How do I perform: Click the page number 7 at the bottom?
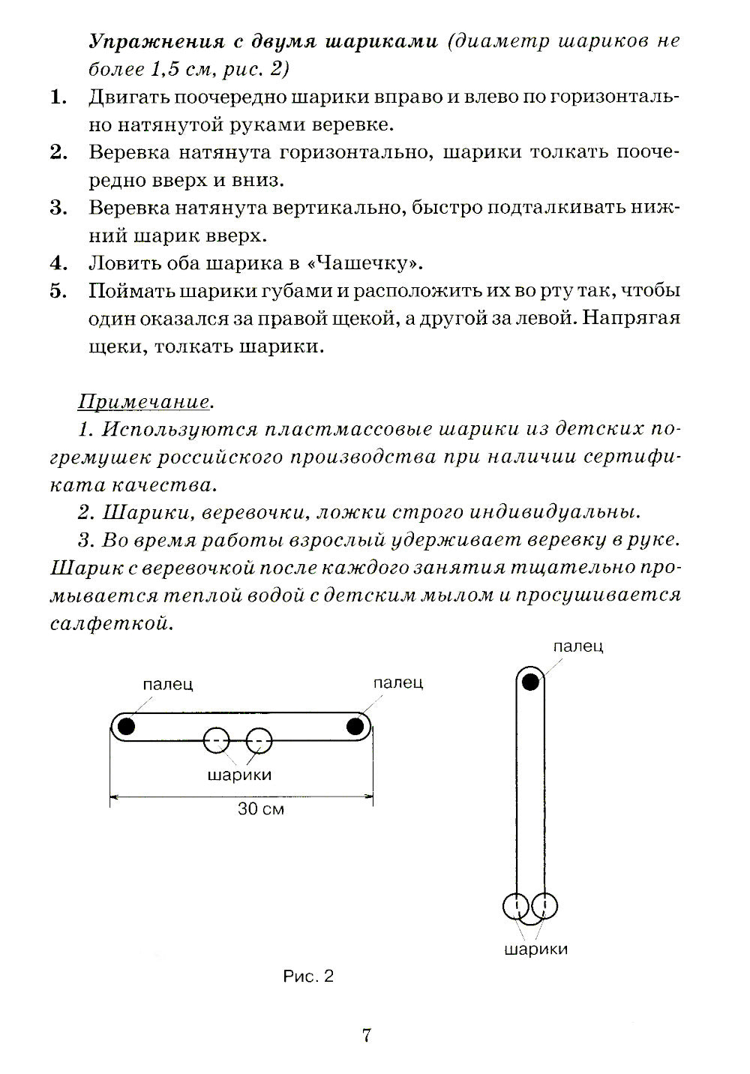click(367, 1036)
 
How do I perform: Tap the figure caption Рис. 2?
click(308, 976)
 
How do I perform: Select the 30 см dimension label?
click(261, 808)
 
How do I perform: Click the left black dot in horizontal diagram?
click(126, 725)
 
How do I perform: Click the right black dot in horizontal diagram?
click(355, 725)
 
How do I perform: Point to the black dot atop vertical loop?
click(530, 682)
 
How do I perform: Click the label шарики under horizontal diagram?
click(239, 775)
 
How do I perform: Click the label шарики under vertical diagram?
click(535, 949)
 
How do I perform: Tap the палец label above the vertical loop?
click(578, 646)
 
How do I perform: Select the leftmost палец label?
click(168, 683)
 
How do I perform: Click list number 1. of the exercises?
click(59, 97)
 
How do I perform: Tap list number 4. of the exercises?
click(59, 263)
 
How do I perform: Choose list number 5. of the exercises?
click(59, 291)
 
